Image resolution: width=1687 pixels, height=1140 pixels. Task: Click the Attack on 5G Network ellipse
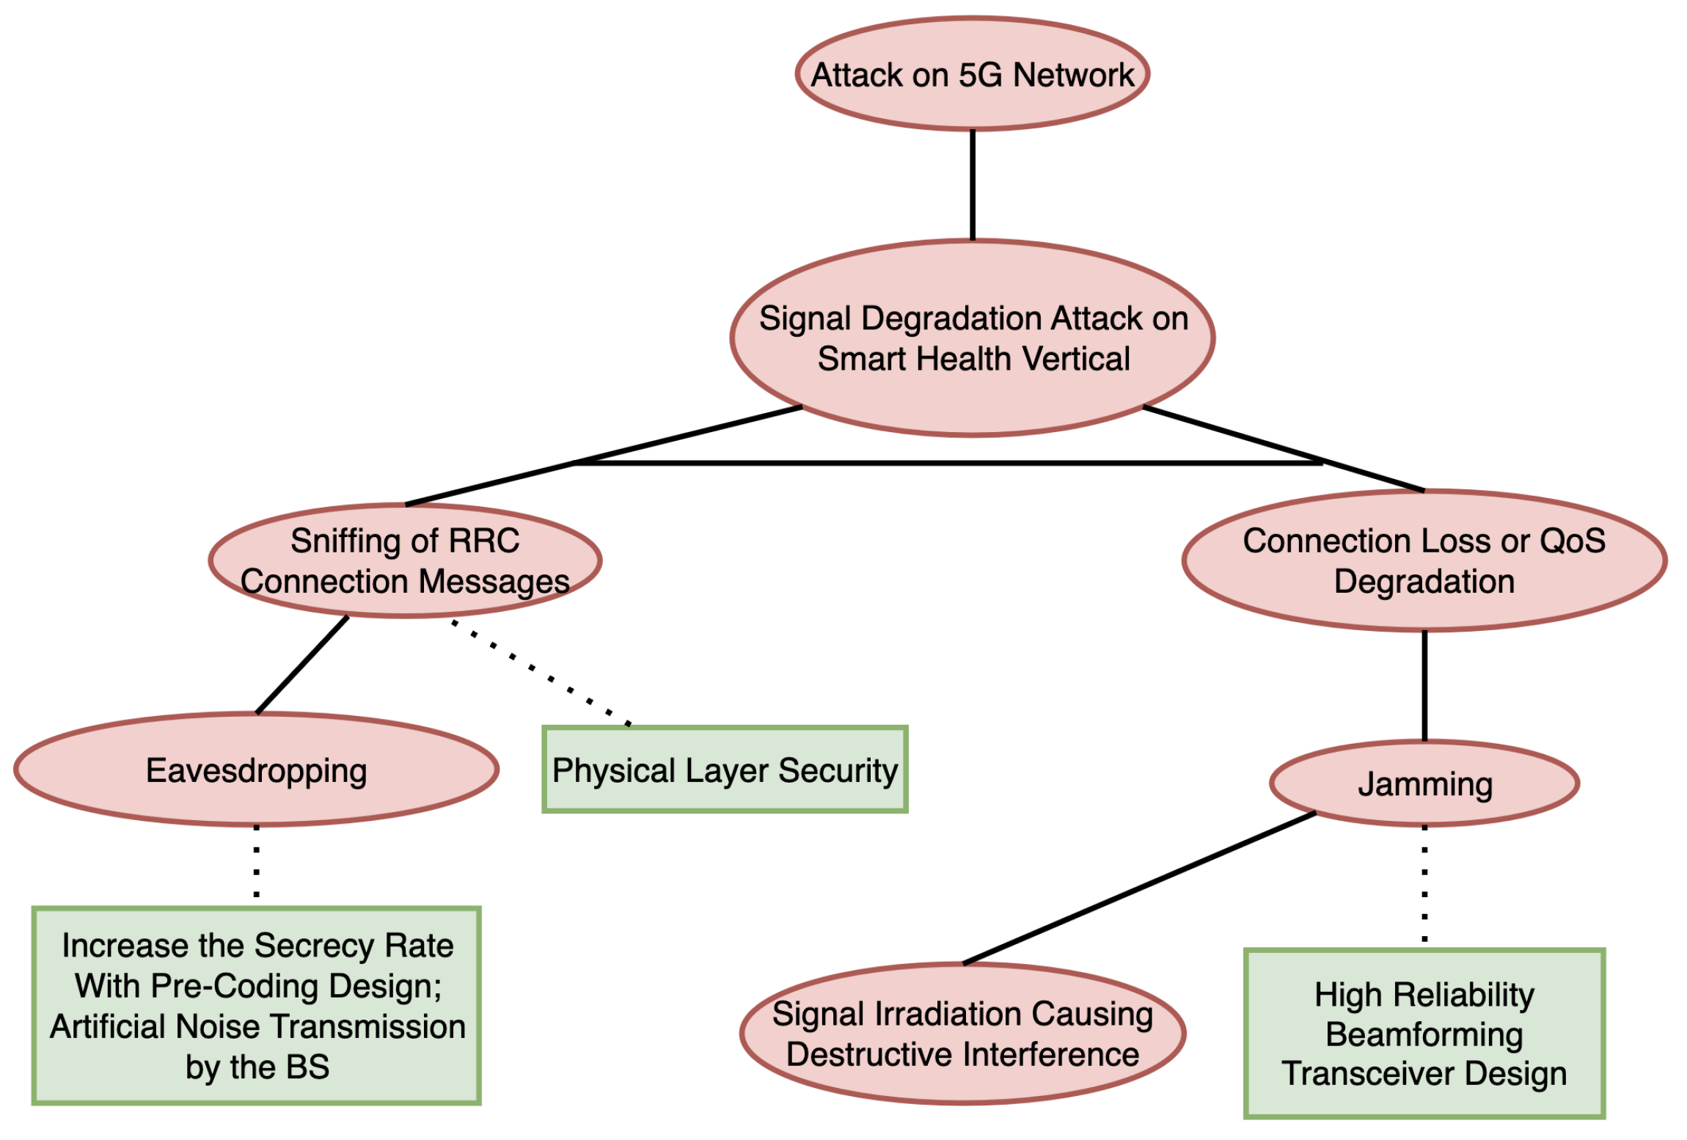tap(972, 74)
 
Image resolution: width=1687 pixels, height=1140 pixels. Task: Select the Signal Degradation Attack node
tap(972, 338)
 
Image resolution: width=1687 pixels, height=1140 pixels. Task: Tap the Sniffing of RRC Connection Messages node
tap(405, 560)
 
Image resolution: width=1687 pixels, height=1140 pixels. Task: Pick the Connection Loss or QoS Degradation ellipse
tap(1424, 560)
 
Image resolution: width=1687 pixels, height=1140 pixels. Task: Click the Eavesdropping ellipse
tap(256, 770)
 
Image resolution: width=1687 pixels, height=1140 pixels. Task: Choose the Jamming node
tap(1424, 783)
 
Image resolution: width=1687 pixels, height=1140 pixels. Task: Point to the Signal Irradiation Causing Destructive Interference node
tap(962, 1034)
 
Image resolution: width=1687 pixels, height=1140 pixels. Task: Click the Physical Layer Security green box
tap(725, 770)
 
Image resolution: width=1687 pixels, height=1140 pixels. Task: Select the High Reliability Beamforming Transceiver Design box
tap(1424, 1034)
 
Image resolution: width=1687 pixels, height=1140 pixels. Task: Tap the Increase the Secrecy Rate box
tap(256, 1005)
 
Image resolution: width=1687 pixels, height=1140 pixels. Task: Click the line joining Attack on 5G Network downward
tap(973, 185)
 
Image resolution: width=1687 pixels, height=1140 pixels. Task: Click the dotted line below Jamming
tap(1424, 885)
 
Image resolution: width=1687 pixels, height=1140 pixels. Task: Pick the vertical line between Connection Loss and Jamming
tap(1424, 685)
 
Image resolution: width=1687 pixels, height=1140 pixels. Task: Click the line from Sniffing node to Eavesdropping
tap(302, 665)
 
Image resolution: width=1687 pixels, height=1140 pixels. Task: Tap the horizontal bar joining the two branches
tap(946, 463)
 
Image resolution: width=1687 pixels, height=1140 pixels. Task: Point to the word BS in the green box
tap(307, 1067)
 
